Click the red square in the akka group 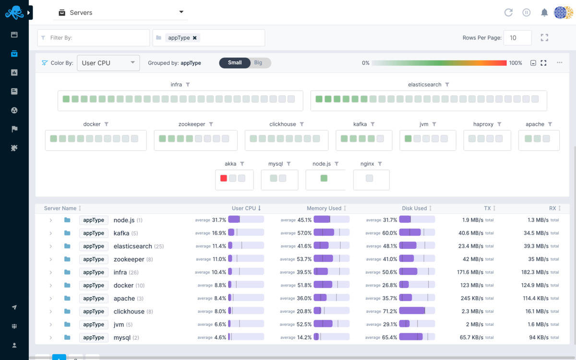(224, 178)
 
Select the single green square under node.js (324, 178)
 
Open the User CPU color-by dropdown (108, 63)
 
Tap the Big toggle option (258, 63)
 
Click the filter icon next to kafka (372, 124)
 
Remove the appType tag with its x (195, 38)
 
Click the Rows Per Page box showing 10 (517, 38)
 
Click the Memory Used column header (324, 208)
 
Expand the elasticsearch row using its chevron (50, 246)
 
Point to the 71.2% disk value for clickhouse (389, 312)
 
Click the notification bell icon (544, 13)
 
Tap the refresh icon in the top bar (508, 13)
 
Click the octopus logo (14, 13)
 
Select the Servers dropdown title (81, 13)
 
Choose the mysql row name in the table (122, 337)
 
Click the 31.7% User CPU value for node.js (219, 220)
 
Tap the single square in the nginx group (369, 178)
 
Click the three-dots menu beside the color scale (560, 63)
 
